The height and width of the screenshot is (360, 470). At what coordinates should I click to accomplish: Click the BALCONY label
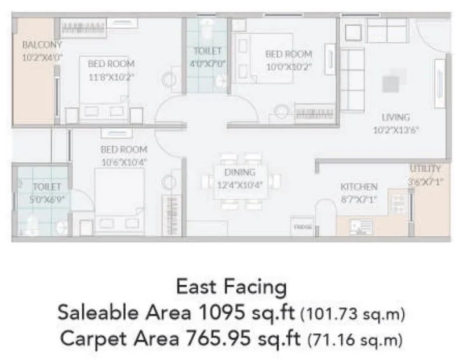pos(41,44)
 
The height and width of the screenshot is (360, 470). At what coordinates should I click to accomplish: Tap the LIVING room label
pos(396,117)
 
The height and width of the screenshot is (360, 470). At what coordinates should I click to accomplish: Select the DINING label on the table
pos(240,172)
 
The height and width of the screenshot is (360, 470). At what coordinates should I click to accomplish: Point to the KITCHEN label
pos(359,187)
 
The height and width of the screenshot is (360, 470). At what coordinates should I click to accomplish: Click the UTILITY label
pos(426,169)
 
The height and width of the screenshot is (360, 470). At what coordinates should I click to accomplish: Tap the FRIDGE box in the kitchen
pos(303,227)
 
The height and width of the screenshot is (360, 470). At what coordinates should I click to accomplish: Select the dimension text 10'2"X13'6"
pos(396,130)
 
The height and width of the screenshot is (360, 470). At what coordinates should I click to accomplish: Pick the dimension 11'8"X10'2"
pos(111,76)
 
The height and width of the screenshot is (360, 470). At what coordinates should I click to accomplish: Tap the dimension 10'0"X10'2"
pos(289,66)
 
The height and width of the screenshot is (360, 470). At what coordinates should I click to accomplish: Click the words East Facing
pos(231,287)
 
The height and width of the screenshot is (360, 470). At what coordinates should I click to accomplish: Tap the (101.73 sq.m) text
pos(353,314)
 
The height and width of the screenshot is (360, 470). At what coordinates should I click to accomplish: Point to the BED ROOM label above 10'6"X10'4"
pos(123,150)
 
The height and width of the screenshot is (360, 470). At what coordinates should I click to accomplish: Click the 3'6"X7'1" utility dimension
pos(426,180)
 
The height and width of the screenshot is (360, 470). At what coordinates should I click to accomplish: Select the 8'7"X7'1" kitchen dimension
pos(359,199)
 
